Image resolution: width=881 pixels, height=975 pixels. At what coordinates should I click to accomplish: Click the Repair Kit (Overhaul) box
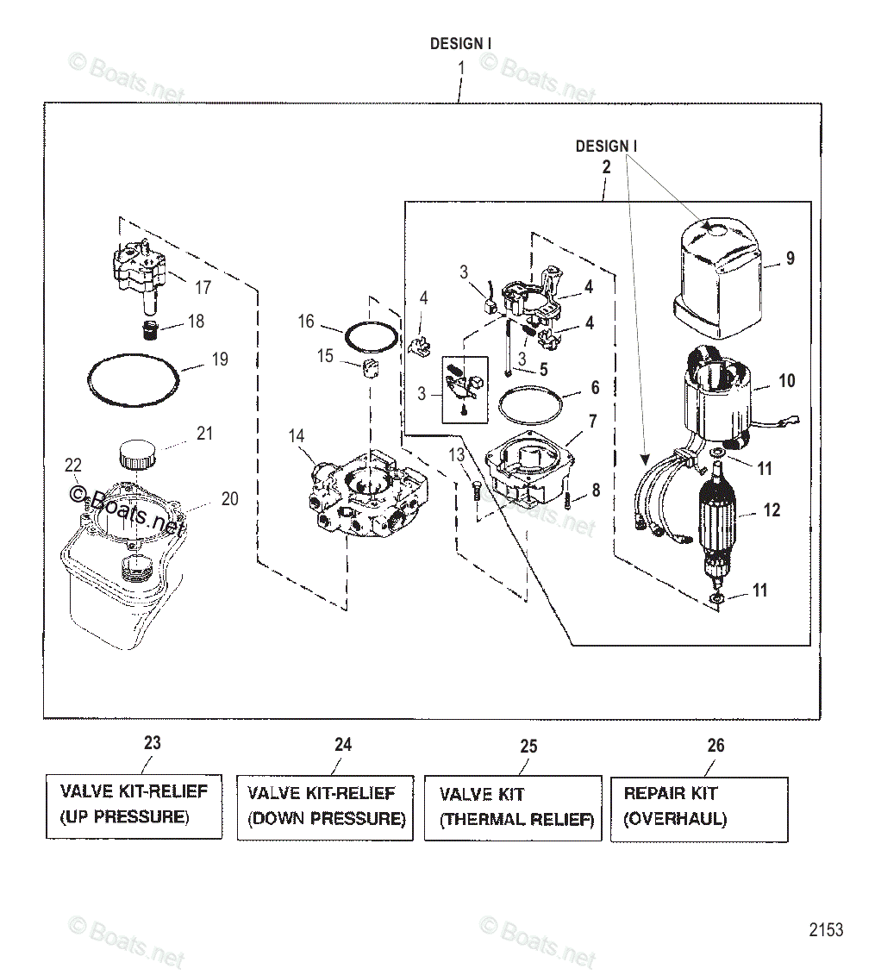click(x=698, y=808)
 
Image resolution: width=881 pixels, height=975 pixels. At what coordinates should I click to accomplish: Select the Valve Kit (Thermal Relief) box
click(x=513, y=808)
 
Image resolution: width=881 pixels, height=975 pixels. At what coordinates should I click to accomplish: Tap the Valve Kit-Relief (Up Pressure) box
click(x=134, y=804)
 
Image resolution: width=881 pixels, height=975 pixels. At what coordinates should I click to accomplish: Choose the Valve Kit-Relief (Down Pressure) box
click(x=325, y=807)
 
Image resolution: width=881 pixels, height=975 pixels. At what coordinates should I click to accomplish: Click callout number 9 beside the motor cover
click(x=790, y=259)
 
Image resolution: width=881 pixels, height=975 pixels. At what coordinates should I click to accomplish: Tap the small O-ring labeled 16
click(x=372, y=337)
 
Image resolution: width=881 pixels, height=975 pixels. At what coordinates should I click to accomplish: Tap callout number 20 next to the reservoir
click(x=228, y=499)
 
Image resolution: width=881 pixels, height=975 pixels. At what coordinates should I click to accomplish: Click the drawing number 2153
click(x=825, y=930)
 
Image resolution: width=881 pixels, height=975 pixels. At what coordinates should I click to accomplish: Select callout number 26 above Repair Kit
click(x=715, y=746)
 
